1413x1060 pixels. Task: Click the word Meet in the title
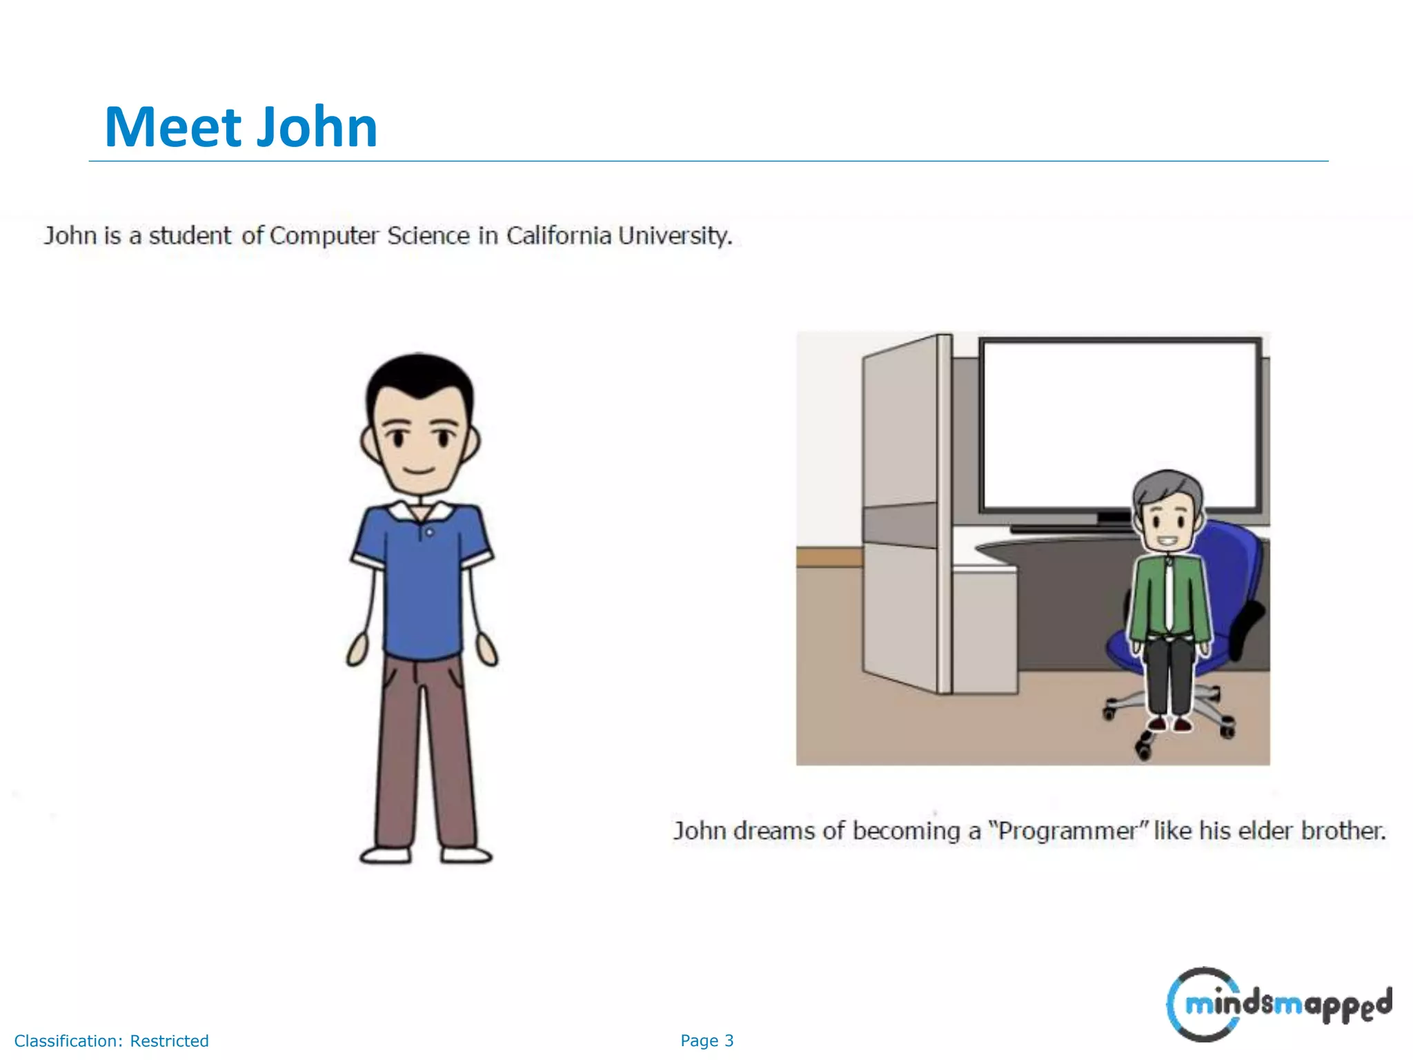pos(172,128)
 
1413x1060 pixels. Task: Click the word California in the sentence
pos(559,236)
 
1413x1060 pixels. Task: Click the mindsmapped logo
pos(1278,1003)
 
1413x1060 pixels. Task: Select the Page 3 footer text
pos(706,1041)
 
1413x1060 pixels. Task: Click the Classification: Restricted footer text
pos(111,1041)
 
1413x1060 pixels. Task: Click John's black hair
pos(419,376)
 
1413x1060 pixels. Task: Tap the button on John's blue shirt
pos(430,533)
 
